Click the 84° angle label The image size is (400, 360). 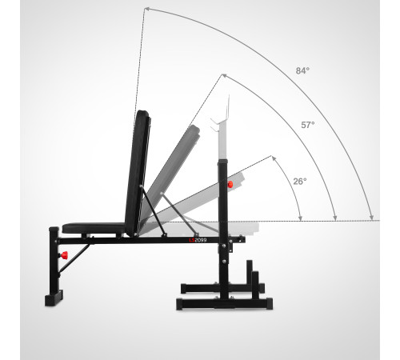[x=302, y=70]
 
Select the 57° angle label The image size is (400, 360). [x=308, y=125]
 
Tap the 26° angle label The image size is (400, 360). [x=300, y=182]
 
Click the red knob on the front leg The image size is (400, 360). [x=64, y=255]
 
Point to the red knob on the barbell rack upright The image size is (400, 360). [x=230, y=184]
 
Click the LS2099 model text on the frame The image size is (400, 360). [x=198, y=240]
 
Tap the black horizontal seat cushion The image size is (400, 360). [x=94, y=228]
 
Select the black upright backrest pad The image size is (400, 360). [x=138, y=174]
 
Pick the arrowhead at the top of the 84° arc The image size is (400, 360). [x=146, y=10]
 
